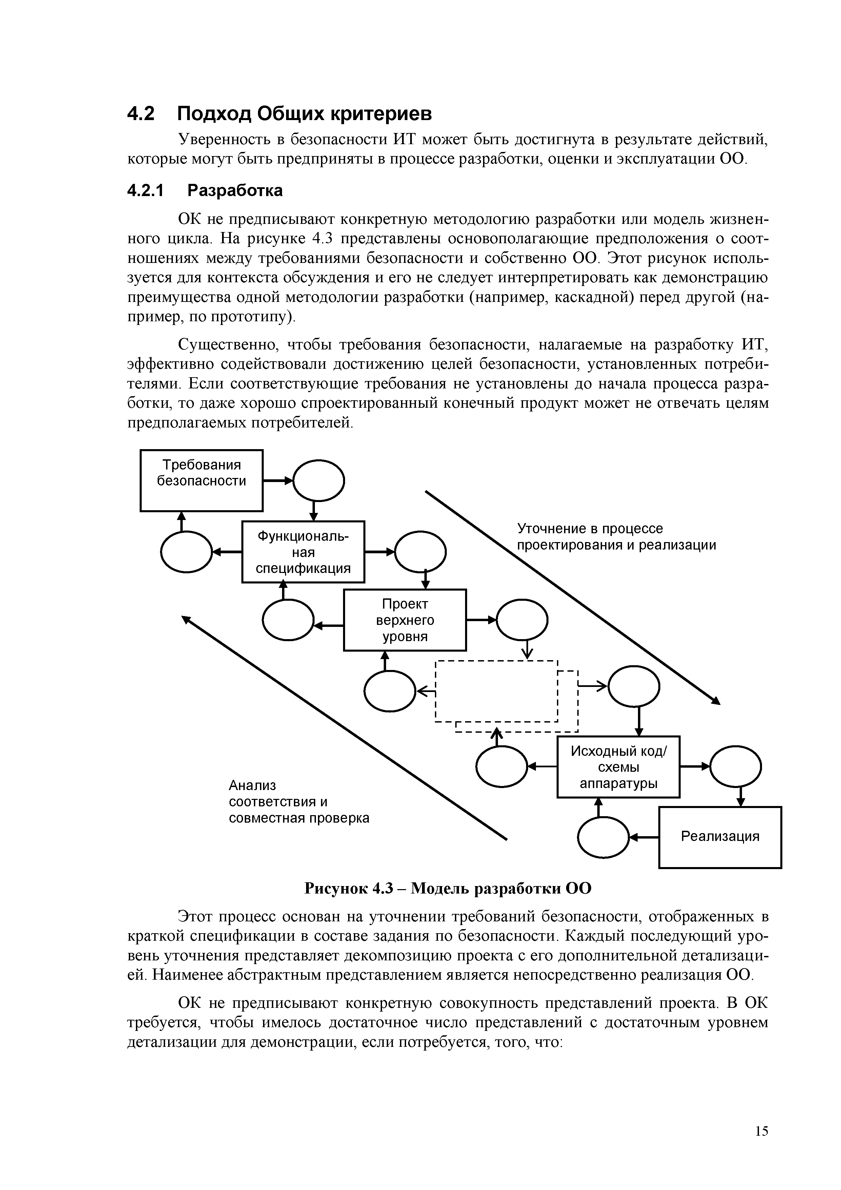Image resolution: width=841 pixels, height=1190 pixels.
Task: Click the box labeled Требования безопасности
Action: (x=201, y=480)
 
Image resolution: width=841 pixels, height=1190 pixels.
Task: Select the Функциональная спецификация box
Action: (x=303, y=552)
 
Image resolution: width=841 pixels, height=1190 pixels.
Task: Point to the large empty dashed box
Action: (x=496, y=691)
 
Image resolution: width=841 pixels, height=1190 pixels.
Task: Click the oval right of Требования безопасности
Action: (x=319, y=480)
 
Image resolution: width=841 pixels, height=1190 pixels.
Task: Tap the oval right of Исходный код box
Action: (x=735, y=766)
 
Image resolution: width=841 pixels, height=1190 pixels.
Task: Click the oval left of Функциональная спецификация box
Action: (x=186, y=552)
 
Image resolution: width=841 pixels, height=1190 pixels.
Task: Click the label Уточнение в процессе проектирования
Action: (x=616, y=537)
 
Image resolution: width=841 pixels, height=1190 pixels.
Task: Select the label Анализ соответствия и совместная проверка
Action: (x=299, y=802)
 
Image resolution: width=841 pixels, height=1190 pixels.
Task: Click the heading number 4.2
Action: (x=141, y=114)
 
